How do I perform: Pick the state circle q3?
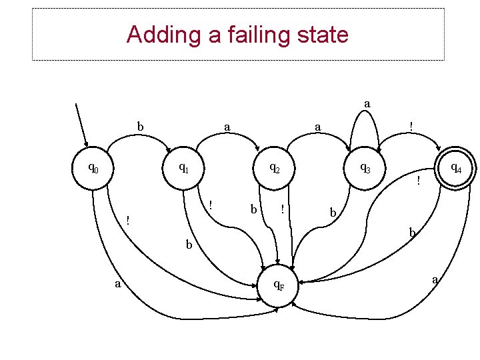point(364,169)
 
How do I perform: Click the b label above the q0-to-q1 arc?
point(140,126)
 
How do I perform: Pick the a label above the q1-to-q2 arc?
point(227,126)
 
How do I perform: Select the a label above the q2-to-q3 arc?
point(318,126)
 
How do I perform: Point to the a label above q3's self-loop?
point(367,103)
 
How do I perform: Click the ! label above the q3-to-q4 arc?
point(411,126)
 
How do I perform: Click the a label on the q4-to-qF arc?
point(435,280)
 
